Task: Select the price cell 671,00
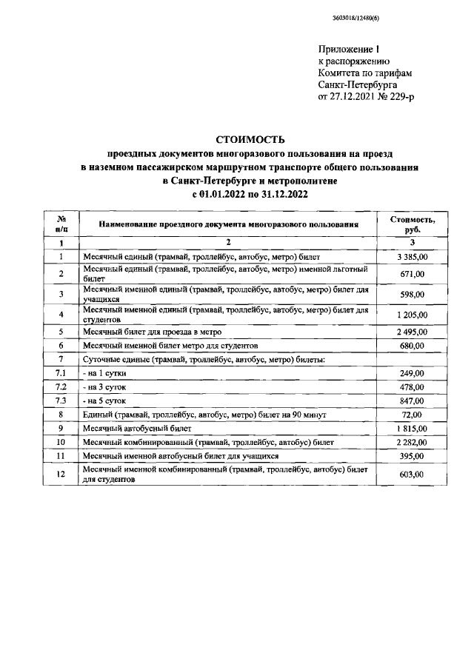(x=413, y=274)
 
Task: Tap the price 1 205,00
(x=413, y=314)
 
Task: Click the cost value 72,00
(x=413, y=415)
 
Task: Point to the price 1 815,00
(x=413, y=429)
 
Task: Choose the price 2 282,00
(x=413, y=443)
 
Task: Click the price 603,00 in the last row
(x=413, y=475)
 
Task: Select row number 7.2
(x=61, y=387)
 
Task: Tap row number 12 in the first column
(x=61, y=475)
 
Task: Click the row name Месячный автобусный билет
(x=138, y=429)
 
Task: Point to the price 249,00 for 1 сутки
(x=413, y=373)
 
